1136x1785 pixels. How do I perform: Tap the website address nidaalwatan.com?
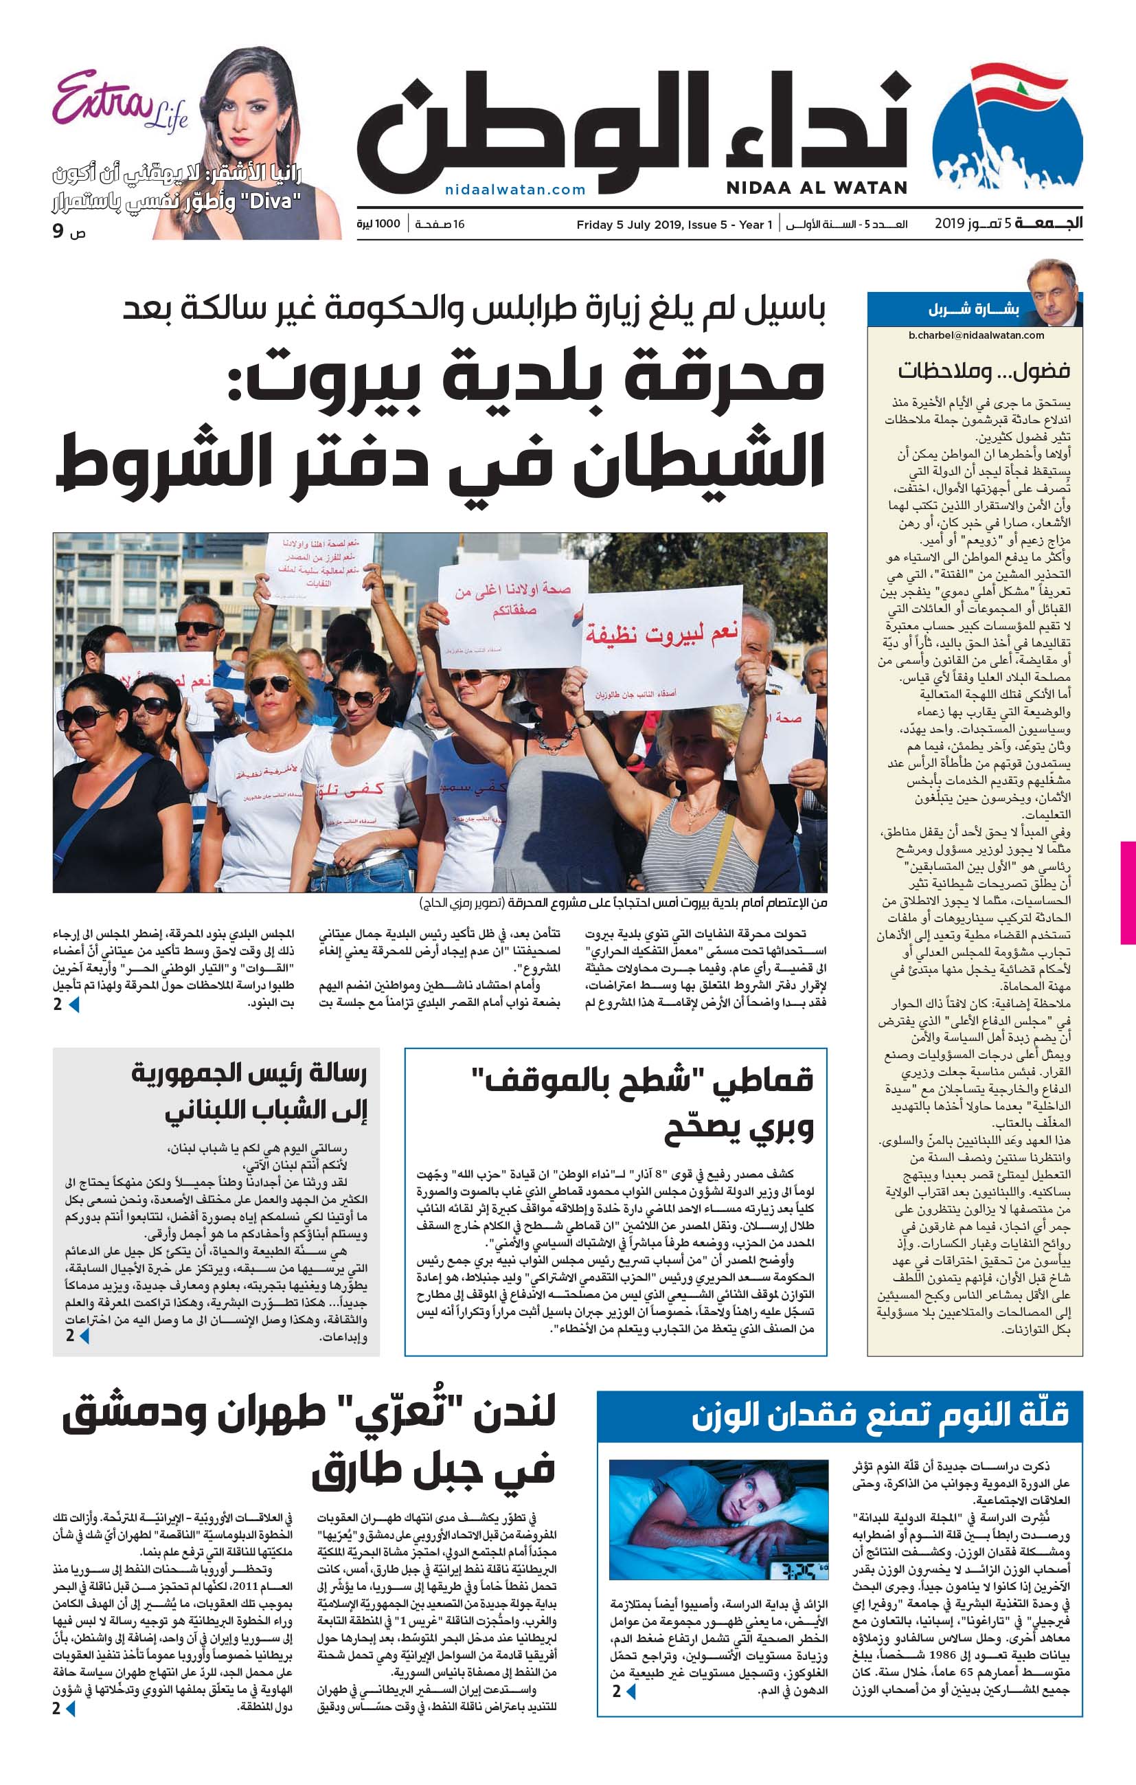tap(515, 190)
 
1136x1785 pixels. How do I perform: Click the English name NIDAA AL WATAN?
tap(816, 188)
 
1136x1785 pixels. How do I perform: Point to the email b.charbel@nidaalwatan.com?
tap(976, 335)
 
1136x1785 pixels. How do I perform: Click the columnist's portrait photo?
tap(1053, 292)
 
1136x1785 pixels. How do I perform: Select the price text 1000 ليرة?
tap(378, 224)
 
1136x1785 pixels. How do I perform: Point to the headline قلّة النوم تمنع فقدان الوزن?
tap(880, 1415)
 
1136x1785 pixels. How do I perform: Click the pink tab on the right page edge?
tap(1128, 892)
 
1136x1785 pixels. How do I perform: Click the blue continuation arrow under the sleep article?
tap(631, 1692)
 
